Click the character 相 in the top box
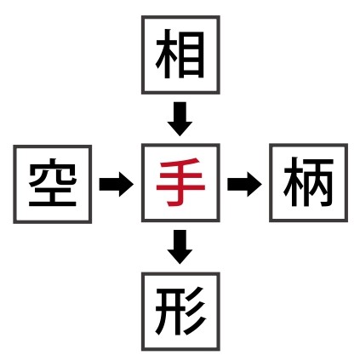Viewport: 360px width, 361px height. coord(180,54)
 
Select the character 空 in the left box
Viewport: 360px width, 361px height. coord(53,182)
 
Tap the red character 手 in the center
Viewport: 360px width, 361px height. coord(180,182)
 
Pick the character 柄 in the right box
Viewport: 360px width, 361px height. coord(308,182)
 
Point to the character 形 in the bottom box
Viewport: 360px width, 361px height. coord(180,311)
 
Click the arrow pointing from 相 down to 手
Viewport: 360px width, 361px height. coord(180,119)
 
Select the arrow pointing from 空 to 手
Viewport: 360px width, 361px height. coord(117,184)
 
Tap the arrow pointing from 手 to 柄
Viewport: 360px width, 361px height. coord(244,184)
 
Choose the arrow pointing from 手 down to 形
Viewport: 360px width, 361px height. coord(180,247)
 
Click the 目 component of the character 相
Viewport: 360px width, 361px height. coord(193,54)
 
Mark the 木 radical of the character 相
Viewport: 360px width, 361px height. coord(168,54)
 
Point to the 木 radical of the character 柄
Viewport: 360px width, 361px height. coord(294,182)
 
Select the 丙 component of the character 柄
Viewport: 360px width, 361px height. coord(319,182)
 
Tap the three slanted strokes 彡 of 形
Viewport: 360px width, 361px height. coord(195,311)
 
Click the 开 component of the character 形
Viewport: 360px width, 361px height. coord(169,312)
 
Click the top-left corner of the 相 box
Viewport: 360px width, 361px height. coord(141,16)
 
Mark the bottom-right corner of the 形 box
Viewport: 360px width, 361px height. coord(220,351)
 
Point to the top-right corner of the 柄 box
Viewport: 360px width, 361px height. coord(348,144)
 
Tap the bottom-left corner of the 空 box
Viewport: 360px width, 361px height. coord(14,223)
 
